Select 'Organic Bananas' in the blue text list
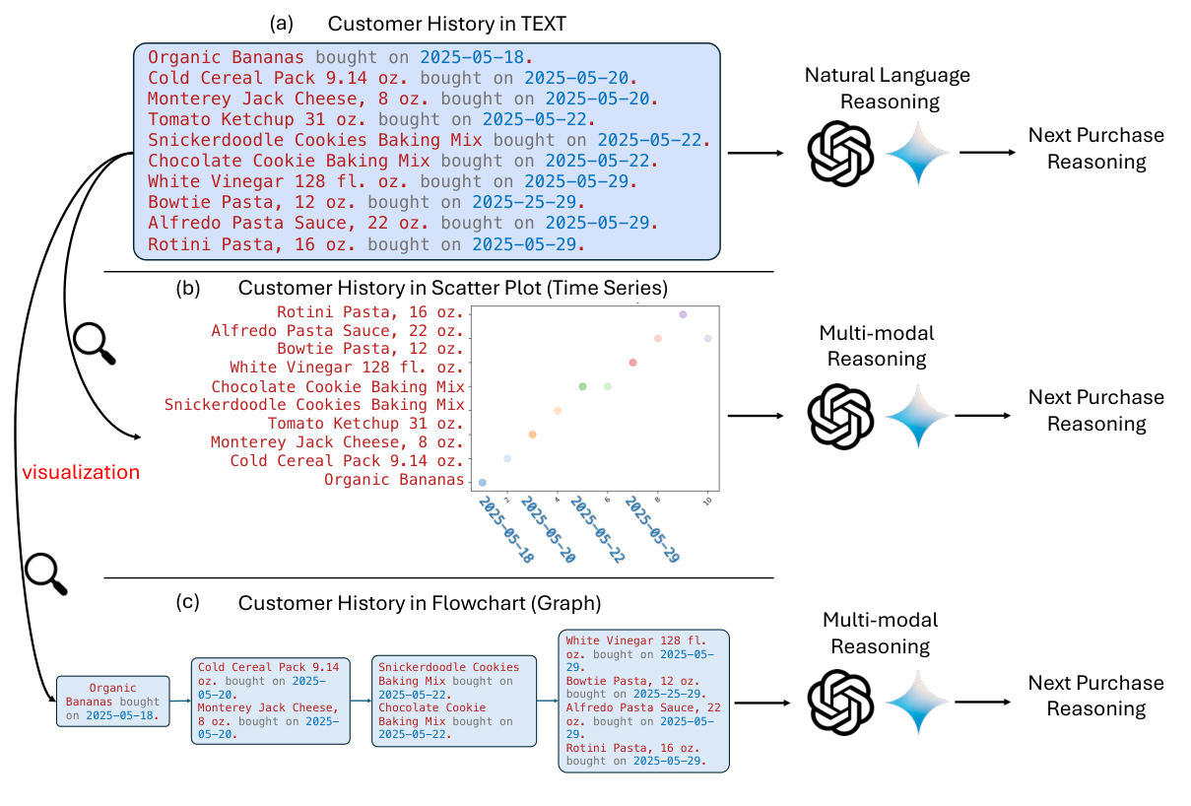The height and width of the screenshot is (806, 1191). (x=226, y=57)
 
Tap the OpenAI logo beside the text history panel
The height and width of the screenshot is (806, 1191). (x=840, y=153)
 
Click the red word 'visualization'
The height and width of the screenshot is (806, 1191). (x=81, y=472)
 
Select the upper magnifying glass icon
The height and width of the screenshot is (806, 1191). (x=97, y=343)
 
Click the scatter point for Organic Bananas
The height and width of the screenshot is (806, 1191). (x=483, y=482)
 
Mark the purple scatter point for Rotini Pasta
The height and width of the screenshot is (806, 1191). (x=683, y=314)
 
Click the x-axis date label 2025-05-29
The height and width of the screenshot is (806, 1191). (x=652, y=530)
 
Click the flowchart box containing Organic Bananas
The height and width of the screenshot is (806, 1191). (x=112, y=701)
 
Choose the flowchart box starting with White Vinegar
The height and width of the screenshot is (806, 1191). (x=643, y=700)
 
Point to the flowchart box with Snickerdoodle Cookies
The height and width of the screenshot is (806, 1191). (x=454, y=701)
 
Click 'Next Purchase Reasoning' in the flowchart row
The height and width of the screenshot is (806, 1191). (x=1095, y=696)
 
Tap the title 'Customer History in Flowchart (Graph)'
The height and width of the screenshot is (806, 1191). (x=419, y=602)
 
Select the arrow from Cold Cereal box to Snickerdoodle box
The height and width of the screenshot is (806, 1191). (x=360, y=702)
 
